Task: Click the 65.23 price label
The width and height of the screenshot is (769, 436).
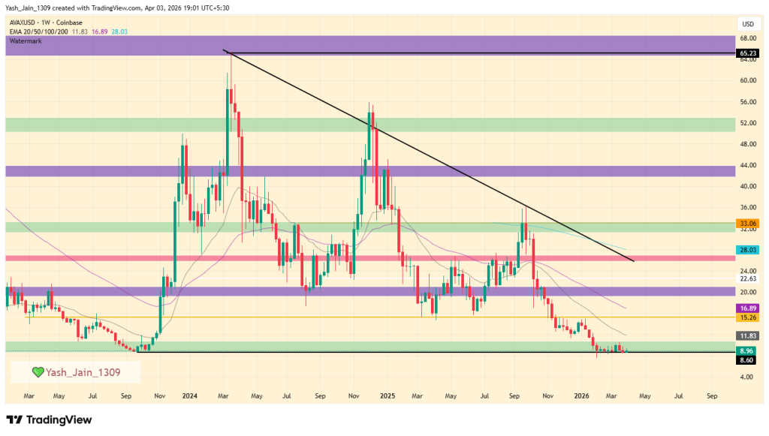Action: [x=746, y=53]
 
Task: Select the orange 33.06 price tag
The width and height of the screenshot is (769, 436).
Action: [x=746, y=224]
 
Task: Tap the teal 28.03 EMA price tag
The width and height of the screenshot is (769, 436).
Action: [x=746, y=250]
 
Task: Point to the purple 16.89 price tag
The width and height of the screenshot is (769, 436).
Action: [x=746, y=308]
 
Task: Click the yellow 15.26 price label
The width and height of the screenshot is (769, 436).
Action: [x=746, y=317]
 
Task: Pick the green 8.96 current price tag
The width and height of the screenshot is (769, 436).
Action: [x=746, y=350]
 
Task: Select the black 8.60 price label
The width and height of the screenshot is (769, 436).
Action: [x=746, y=360]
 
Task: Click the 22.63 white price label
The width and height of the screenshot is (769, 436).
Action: [x=746, y=278]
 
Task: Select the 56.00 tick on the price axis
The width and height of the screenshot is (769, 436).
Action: [x=746, y=101]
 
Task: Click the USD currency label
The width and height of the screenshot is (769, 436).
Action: [x=747, y=23]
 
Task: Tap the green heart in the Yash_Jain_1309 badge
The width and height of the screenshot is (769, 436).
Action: [x=38, y=371]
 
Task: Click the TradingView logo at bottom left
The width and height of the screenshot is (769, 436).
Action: [x=49, y=419]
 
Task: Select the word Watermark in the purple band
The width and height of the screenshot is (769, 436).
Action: [x=25, y=41]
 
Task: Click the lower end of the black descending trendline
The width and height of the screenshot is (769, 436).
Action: [x=634, y=260]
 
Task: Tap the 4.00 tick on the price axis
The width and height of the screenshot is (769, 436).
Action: [x=746, y=377]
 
